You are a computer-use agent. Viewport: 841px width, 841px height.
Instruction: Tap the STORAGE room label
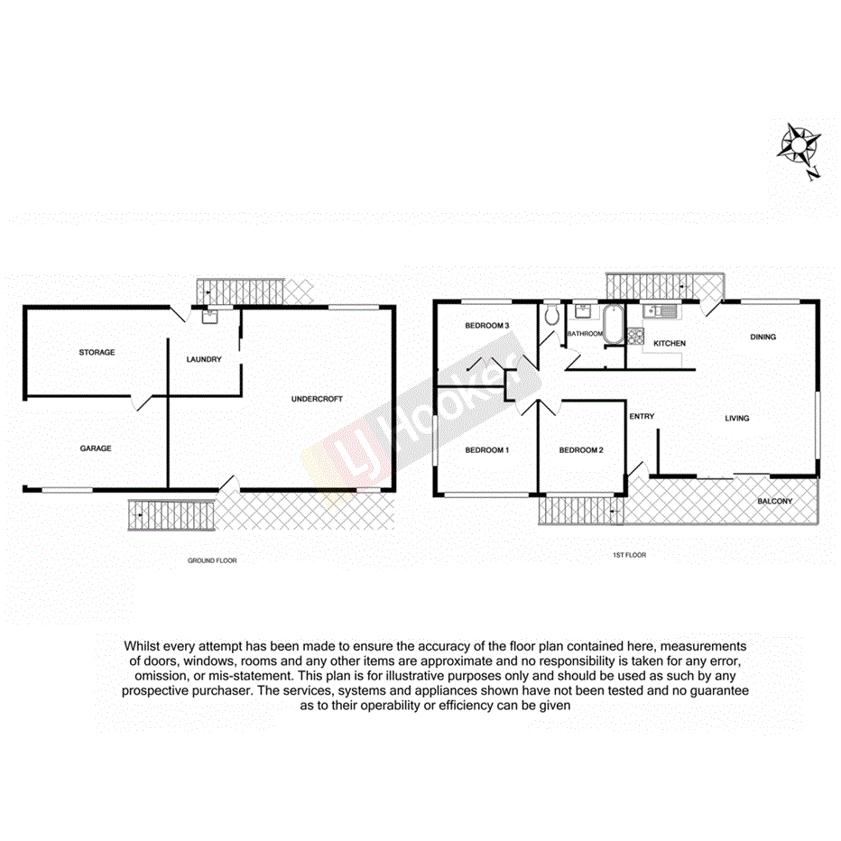tap(97, 352)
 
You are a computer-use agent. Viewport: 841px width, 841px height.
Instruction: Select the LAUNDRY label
tap(203, 359)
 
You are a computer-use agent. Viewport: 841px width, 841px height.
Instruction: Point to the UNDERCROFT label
tap(317, 399)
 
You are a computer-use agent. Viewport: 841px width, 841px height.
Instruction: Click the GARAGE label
tap(95, 448)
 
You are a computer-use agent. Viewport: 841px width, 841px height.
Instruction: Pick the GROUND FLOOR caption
tap(212, 560)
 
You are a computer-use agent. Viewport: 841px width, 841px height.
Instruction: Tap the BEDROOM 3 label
tap(487, 326)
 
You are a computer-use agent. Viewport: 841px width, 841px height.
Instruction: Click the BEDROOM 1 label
tap(487, 449)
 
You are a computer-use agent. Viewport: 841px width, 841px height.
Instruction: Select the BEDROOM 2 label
tap(580, 449)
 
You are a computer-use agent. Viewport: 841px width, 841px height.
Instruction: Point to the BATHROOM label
tap(585, 334)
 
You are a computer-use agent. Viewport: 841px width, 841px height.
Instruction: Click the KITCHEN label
tap(670, 344)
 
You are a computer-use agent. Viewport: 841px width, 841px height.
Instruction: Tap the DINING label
tap(762, 337)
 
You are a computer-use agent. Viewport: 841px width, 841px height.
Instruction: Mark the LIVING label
tap(737, 418)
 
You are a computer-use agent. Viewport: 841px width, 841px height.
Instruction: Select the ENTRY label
tap(642, 416)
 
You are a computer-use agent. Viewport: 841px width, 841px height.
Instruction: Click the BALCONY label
tap(775, 501)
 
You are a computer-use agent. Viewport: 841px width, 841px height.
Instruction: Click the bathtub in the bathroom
tap(614, 324)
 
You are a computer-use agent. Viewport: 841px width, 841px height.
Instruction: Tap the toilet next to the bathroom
tap(552, 315)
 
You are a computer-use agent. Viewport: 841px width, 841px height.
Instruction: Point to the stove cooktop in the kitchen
tap(635, 338)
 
